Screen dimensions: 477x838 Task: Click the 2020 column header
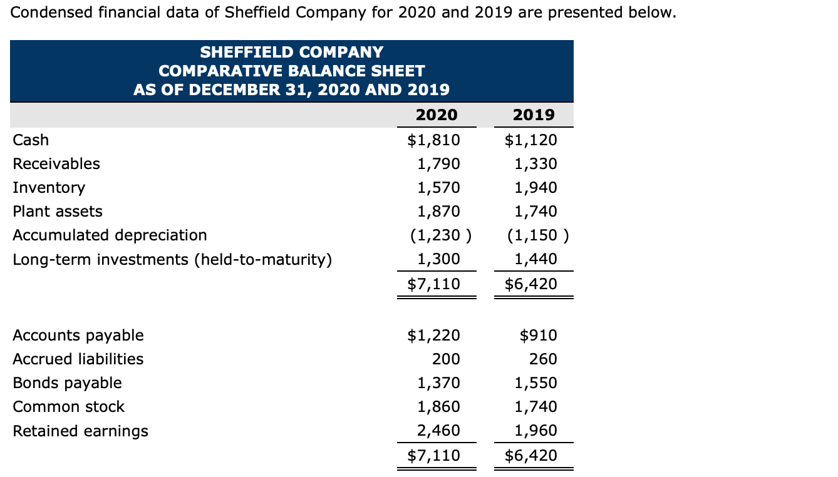[436, 115]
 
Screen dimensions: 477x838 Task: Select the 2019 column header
[533, 115]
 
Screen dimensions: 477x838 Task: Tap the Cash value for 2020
[433, 140]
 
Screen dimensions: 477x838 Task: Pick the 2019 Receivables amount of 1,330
[535, 164]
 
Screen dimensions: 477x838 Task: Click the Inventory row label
[49, 188]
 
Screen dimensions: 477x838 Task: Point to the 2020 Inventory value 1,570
[438, 188]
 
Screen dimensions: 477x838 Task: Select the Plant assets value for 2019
[535, 212]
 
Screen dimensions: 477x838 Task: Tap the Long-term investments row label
[172, 259]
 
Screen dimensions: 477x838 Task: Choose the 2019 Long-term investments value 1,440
[535, 259]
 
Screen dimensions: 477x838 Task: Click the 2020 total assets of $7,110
[433, 284]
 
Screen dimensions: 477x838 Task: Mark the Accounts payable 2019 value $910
[539, 336]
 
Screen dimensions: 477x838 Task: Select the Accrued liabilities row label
[78, 359]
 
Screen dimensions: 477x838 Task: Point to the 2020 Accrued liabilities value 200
[447, 359]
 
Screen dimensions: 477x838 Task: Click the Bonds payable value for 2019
[535, 383]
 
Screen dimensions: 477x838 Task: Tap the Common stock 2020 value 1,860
[438, 407]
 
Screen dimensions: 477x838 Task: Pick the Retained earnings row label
[81, 431]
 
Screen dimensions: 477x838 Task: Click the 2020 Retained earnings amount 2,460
[438, 431]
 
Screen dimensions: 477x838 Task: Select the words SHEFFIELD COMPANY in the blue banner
[291, 52]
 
